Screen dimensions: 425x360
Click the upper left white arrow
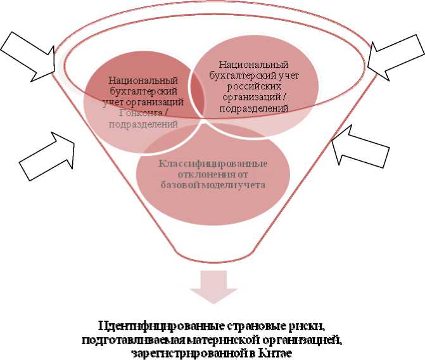(27, 55)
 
